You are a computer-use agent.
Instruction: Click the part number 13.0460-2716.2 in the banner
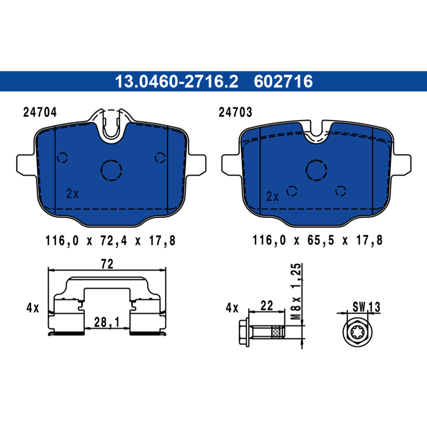(x=177, y=82)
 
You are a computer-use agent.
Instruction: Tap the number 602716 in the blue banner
(x=283, y=82)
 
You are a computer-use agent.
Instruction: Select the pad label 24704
(x=40, y=112)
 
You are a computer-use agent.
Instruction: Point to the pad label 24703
(x=235, y=112)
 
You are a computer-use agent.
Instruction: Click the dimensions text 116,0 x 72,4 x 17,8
(x=110, y=241)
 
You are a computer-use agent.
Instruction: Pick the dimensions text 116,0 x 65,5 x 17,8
(x=318, y=240)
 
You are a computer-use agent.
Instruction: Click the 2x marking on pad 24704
(x=73, y=194)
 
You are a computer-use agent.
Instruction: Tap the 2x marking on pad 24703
(x=273, y=196)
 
